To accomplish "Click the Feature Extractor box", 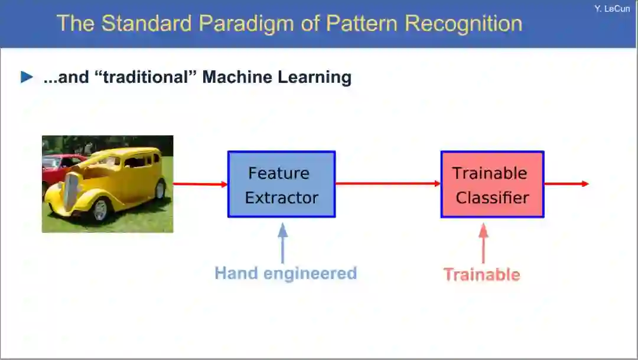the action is coord(282,184).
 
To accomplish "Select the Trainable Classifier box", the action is coord(492,184).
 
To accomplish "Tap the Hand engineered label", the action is coord(286,273).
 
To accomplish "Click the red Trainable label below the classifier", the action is coord(482,274).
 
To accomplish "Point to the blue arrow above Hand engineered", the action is coord(283,243).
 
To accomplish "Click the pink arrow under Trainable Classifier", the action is coord(483,243).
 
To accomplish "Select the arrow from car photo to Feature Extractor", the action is coord(200,184).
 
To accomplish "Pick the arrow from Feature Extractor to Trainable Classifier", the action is coord(388,184).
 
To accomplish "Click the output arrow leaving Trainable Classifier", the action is coord(567,184).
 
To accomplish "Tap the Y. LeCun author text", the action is coord(612,8).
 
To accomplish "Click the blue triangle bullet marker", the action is coord(27,77).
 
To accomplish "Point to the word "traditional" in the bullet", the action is coord(146,77).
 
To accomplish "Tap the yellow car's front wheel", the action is coord(100,210).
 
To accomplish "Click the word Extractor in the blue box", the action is coord(282,197).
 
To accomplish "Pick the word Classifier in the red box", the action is coord(492,197).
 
